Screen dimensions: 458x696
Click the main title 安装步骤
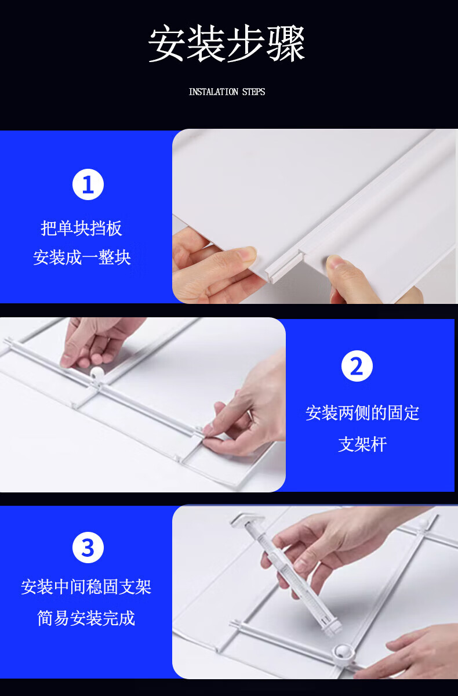point(226,43)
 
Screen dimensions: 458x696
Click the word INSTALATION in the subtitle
point(213,92)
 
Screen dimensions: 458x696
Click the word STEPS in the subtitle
point(253,92)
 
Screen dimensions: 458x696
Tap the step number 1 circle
point(88,184)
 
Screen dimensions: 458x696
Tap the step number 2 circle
point(357,366)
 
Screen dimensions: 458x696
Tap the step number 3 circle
point(88,548)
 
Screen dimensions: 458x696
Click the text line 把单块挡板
point(81,229)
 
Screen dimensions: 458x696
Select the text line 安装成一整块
point(82,258)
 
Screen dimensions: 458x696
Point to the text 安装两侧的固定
point(362,413)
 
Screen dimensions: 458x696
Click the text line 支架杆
point(362,444)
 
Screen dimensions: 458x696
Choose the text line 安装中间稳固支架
point(86,587)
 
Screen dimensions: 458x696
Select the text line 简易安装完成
point(86,618)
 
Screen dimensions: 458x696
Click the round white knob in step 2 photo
point(97,374)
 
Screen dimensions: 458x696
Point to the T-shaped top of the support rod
point(247,520)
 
